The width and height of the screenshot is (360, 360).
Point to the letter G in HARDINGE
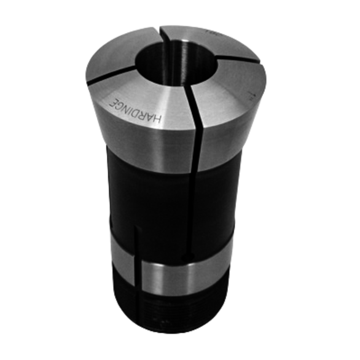[x=120, y=101]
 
